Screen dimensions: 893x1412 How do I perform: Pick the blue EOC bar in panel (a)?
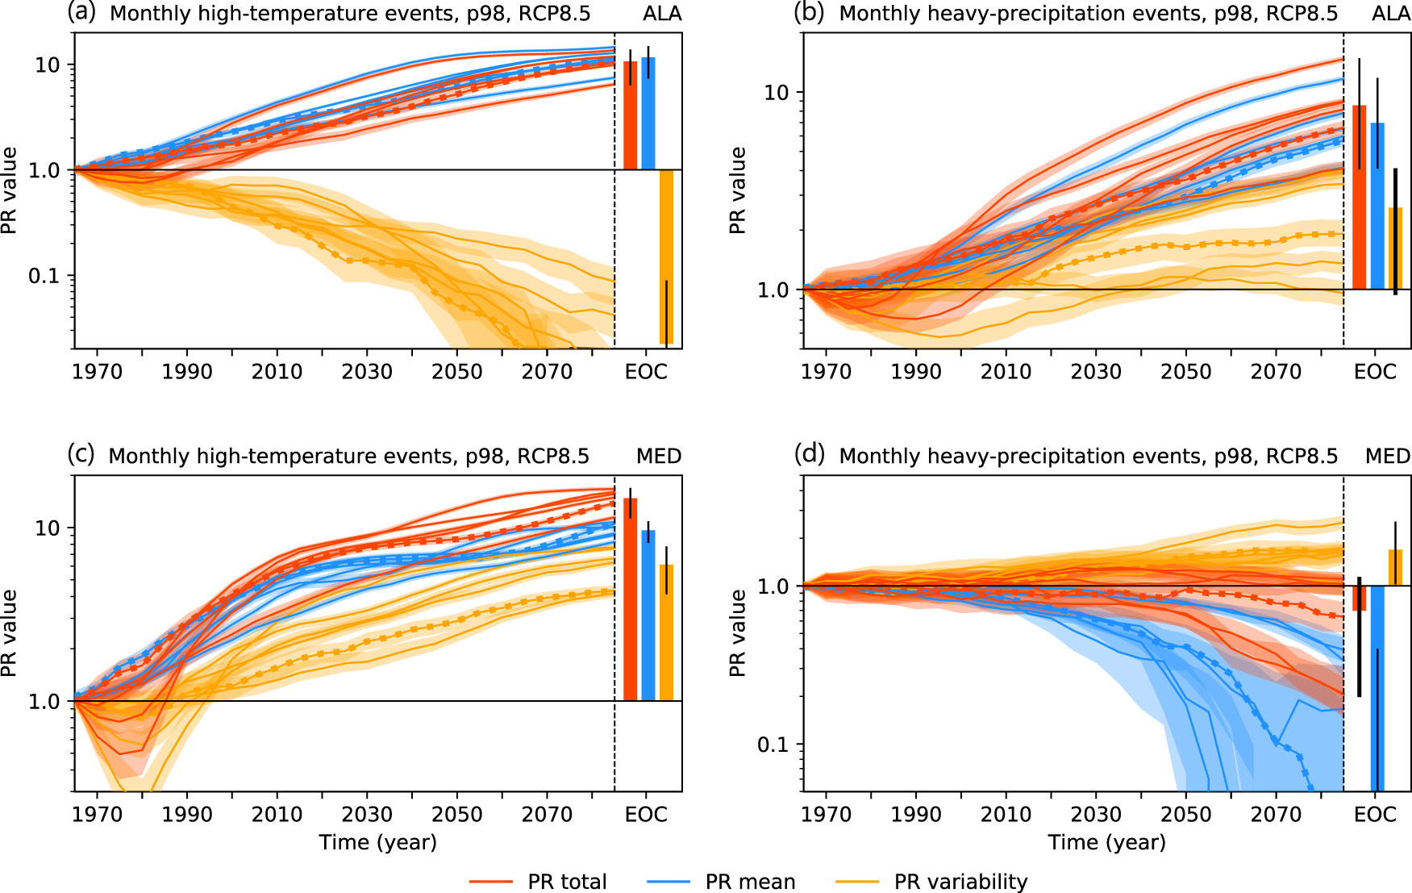(648, 113)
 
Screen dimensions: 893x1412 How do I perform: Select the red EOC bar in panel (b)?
(1359, 197)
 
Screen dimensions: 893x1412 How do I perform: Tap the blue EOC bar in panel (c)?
(648, 615)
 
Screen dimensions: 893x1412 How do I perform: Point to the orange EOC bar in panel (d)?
(1395, 568)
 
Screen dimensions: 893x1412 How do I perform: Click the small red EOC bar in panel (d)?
(1359, 598)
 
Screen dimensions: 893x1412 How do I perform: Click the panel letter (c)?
(81, 454)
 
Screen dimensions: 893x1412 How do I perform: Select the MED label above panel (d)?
(1387, 457)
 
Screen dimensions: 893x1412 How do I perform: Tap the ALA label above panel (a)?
(663, 14)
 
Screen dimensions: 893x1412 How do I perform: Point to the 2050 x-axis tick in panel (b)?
(1185, 372)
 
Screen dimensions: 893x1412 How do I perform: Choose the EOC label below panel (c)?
(646, 815)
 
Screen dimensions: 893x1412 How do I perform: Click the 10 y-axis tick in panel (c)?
(48, 528)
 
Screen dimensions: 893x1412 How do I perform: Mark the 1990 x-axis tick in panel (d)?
(915, 815)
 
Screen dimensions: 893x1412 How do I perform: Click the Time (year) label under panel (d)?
(1106, 843)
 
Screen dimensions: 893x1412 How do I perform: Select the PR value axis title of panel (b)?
(737, 190)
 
